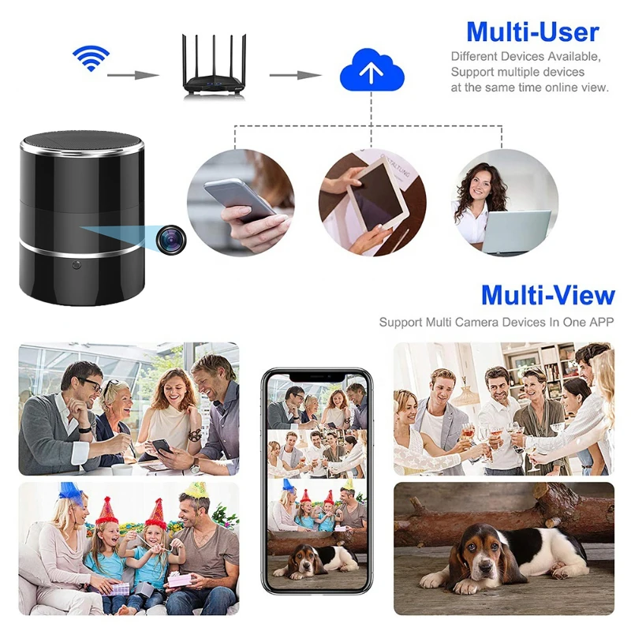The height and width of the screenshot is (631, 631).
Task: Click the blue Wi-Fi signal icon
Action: point(91,58)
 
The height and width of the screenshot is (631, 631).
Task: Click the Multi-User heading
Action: point(532,32)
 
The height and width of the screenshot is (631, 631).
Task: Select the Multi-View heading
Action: point(548,294)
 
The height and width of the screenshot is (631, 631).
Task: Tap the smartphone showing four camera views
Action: point(316,481)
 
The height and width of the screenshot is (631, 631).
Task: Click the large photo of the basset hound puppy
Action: point(503,548)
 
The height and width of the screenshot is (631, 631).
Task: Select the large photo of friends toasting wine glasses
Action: point(503,409)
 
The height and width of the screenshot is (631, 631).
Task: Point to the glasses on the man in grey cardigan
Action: point(91,385)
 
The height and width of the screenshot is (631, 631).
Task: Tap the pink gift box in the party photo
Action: point(181,581)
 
